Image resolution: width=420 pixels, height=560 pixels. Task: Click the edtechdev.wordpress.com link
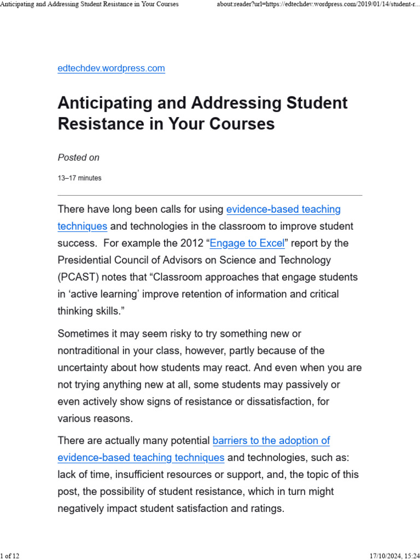pos(111,68)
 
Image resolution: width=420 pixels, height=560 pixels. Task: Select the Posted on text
pos(79,157)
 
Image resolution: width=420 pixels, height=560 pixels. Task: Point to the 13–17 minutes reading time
pos(79,178)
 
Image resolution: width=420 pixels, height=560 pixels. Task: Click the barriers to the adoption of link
pos(271,440)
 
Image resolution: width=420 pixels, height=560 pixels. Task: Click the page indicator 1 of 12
pos(10,556)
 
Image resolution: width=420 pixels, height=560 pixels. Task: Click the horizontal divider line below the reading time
pos(210,195)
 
